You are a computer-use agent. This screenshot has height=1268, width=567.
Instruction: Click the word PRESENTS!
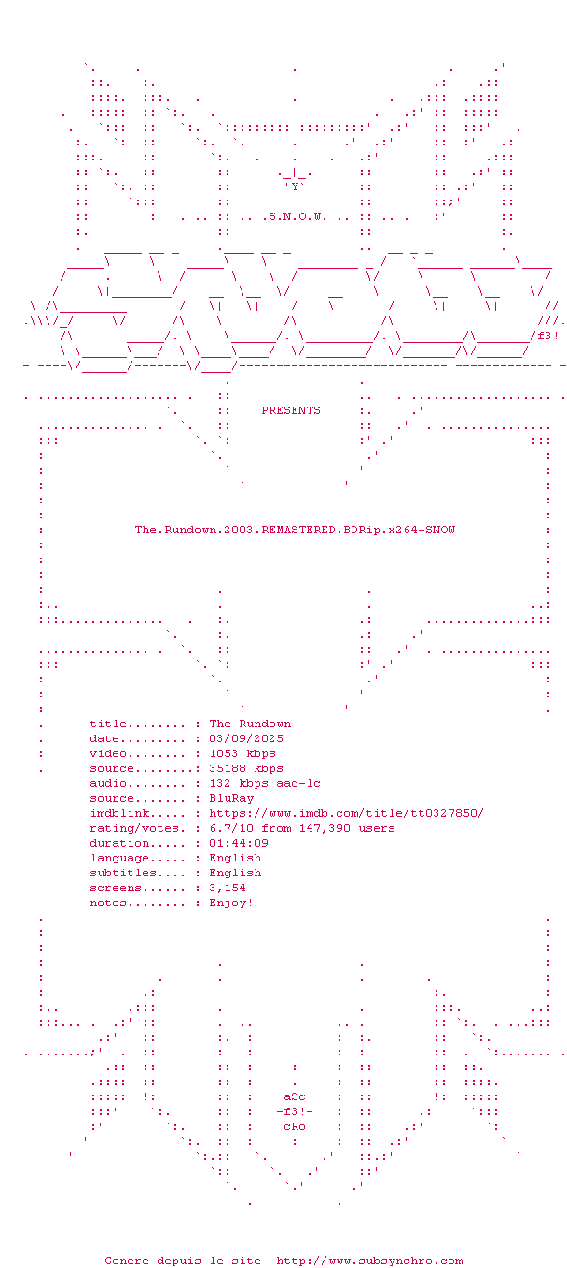pos(295,410)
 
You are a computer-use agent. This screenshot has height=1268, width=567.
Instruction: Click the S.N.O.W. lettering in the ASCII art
pos(296,217)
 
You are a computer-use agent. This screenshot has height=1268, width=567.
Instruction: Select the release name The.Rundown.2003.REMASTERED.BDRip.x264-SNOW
pos(295,530)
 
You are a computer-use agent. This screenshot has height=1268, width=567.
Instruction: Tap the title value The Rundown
pos(250,724)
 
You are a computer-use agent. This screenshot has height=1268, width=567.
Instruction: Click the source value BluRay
pos(231,798)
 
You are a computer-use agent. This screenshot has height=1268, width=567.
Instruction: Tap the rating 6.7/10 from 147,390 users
pos(302,828)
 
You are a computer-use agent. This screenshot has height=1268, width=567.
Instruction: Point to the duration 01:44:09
pos(239,843)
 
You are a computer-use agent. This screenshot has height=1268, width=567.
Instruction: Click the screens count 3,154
pos(228,888)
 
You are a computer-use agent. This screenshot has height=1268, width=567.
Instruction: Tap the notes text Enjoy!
pos(231,903)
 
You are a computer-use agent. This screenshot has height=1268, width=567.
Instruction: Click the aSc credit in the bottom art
pos(295,1096)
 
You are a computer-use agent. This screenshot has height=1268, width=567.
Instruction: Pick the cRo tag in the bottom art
pos(295,1126)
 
